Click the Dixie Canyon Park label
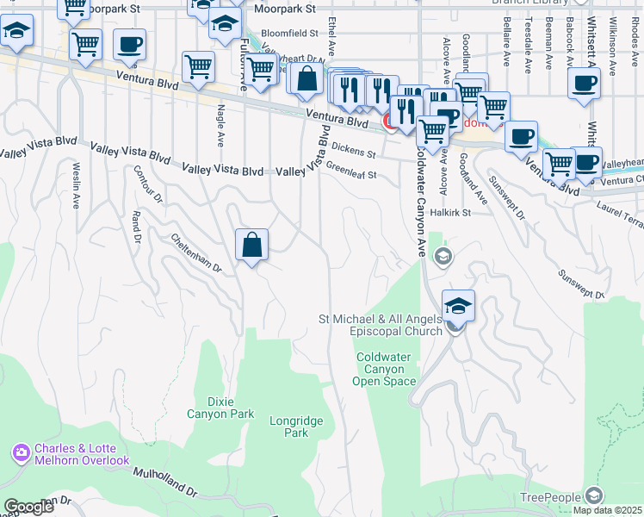220,408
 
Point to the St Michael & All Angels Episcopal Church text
381,325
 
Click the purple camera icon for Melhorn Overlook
22,452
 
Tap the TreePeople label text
551,498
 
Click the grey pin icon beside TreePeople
593,495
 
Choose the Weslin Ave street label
76,185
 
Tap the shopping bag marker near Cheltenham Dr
251,246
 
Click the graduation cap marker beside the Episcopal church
459,306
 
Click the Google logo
28,507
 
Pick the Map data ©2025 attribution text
608,510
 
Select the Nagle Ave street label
220,125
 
